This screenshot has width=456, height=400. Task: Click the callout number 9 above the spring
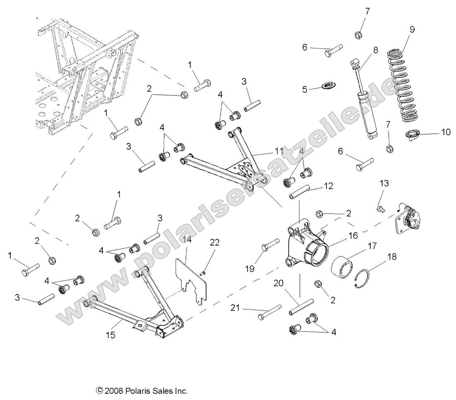[x=412, y=29]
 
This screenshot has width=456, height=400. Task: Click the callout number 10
[x=446, y=132]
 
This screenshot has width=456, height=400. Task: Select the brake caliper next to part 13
[x=408, y=217]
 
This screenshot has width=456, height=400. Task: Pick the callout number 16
[x=353, y=236]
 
